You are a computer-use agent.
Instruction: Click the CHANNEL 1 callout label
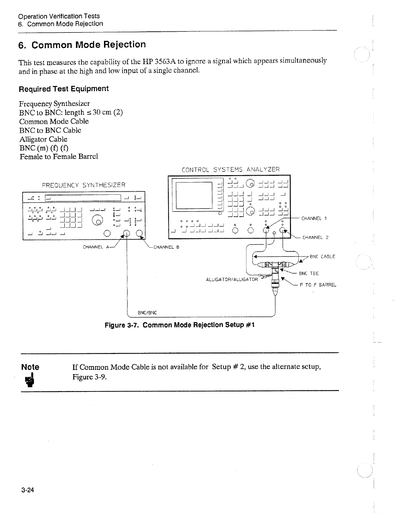pos(314,218)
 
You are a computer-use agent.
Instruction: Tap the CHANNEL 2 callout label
pos(315,237)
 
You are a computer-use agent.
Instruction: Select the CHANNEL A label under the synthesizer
pos(96,247)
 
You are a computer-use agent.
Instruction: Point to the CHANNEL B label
pos(166,247)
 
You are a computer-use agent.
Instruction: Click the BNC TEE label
pos(309,273)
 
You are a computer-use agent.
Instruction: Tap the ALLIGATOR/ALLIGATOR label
pos(232,279)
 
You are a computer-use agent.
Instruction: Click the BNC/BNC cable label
pos(148,312)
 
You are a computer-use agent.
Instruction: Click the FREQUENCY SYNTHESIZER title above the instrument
pos(83,185)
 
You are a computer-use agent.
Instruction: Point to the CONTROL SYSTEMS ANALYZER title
pos(231,169)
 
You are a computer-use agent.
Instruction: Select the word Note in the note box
pos(30,367)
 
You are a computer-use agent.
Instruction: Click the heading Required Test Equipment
pos(64,89)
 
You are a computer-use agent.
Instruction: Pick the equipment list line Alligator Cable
pos(43,139)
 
